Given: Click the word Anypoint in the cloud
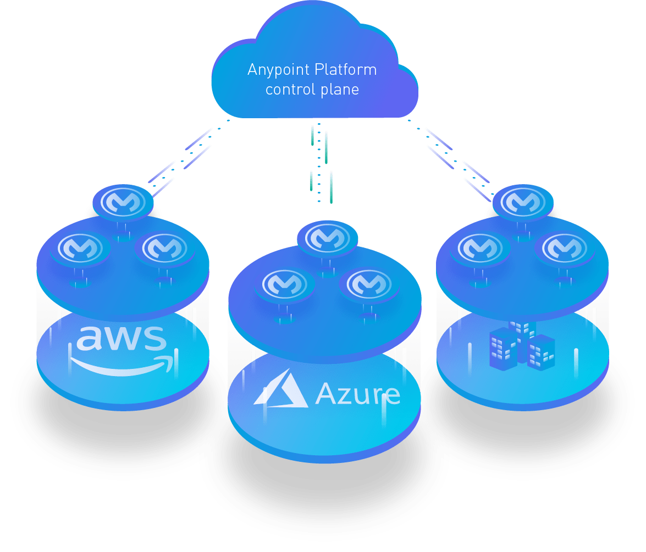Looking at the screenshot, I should (278, 70).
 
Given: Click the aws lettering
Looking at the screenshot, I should (120, 338).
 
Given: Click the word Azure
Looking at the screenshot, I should (357, 394).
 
